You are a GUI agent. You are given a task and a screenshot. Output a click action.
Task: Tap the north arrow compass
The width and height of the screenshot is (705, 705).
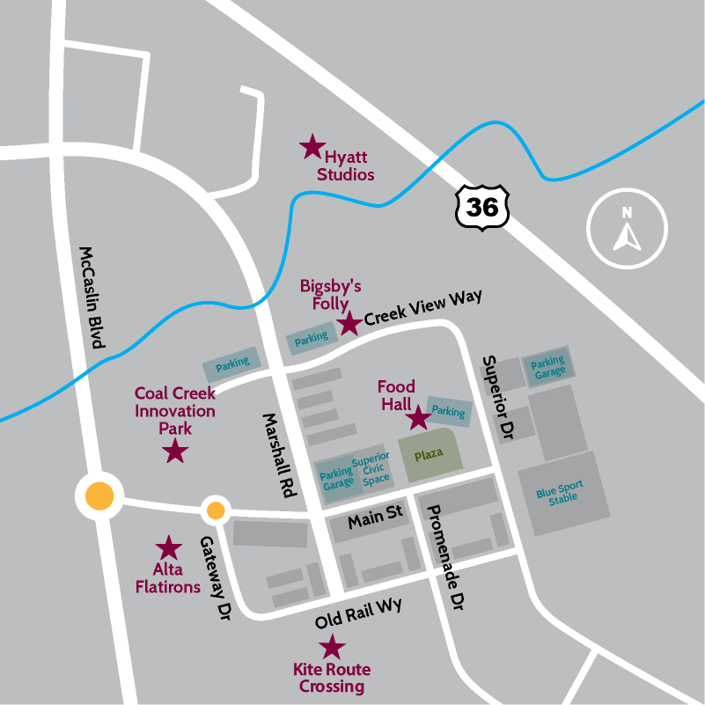tap(628, 231)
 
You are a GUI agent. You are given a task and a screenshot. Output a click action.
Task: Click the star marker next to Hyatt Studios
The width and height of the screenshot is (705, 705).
tap(312, 146)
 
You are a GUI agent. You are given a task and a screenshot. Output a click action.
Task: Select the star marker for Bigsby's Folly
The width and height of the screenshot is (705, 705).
tap(349, 323)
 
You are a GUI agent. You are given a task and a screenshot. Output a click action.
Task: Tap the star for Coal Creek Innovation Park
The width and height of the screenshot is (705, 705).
tap(176, 452)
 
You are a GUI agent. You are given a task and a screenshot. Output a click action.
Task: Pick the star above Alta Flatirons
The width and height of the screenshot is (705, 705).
tap(167, 548)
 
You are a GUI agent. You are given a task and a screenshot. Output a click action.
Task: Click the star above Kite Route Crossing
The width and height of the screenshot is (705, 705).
tap(331, 648)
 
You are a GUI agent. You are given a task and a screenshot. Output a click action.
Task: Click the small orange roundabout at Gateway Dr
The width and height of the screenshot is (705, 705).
tap(215, 510)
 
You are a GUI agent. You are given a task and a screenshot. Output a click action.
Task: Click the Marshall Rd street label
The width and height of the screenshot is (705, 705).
tap(273, 455)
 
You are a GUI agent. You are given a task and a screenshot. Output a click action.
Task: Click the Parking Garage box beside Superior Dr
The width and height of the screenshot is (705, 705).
tap(547, 367)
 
